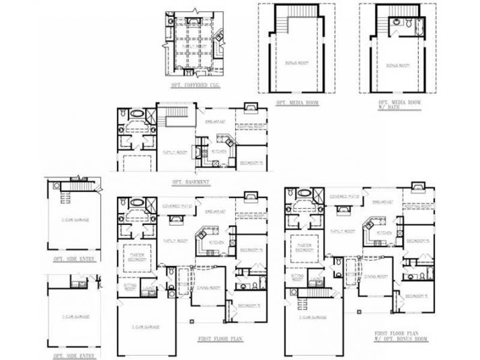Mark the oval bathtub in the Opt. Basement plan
(x=136, y=114)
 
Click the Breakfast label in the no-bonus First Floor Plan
(x=214, y=200)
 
